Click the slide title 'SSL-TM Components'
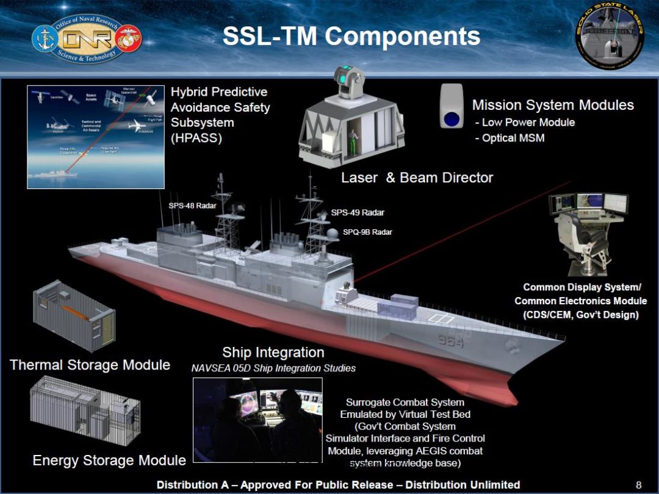click(x=351, y=37)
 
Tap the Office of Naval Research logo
click(x=87, y=38)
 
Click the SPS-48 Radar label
click(x=192, y=206)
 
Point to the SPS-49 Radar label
click(x=358, y=213)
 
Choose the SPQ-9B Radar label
click(x=367, y=232)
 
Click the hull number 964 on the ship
click(x=450, y=341)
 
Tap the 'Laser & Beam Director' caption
click(x=417, y=178)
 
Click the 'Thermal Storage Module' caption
click(x=90, y=365)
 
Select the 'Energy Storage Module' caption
click(x=109, y=460)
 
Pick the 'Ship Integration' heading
click(x=273, y=353)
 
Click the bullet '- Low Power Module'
click(x=525, y=123)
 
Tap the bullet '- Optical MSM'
click(x=510, y=138)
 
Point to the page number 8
click(x=638, y=485)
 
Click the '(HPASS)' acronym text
click(x=196, y=138)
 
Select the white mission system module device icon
click(x=452, y=106)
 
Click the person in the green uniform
click(x=353, y=135)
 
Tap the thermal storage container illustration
click(x=74, y=315)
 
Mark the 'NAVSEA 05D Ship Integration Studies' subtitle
click(x=273, y=368)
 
